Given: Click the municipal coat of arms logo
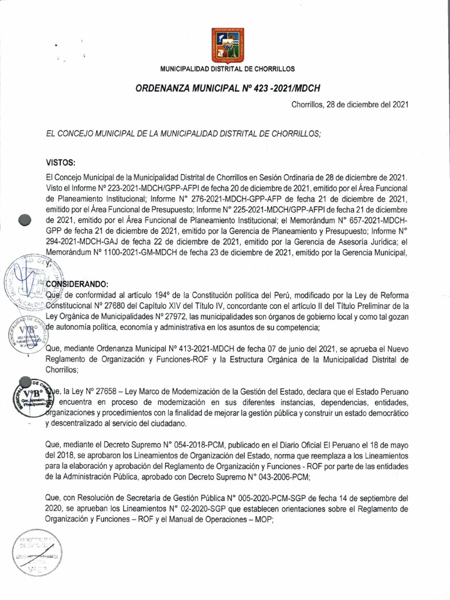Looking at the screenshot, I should click(227, 45).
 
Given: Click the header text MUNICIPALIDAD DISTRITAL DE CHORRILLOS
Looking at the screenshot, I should click(227, 69).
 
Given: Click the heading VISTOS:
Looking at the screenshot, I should click(61, 161).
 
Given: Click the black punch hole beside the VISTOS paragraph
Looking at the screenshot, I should click(25, 220).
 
